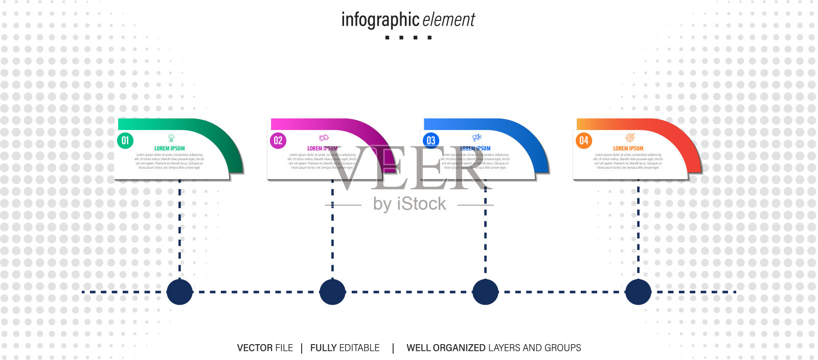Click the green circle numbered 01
click(x=125, y=141)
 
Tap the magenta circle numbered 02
click(x=278, y=141)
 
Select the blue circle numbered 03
click(x=431, y=141)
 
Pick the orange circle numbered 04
click(x=584, y=141)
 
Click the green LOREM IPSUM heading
click(x=170, y=148)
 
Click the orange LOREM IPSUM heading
click(x=628, y=148)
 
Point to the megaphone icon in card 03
click(x=477, y=138)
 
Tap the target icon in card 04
click(x=630, y=138)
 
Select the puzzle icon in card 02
click(x=324, y=138)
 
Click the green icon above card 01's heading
click(x=171, y=138)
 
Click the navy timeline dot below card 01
click(x=179, y=292)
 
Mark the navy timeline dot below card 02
click(x=332, y=292)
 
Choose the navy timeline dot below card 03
click(x=485, y=292)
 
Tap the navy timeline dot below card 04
click(x=638, y=292)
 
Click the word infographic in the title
click(x=380, y=20)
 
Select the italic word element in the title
click(x=449, y=20)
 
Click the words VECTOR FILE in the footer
click(x=265, y=348)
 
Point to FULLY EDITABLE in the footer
click(x=345, y=348)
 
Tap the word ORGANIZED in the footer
click(x=459, y=348)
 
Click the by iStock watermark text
click(x=410, y=204)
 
